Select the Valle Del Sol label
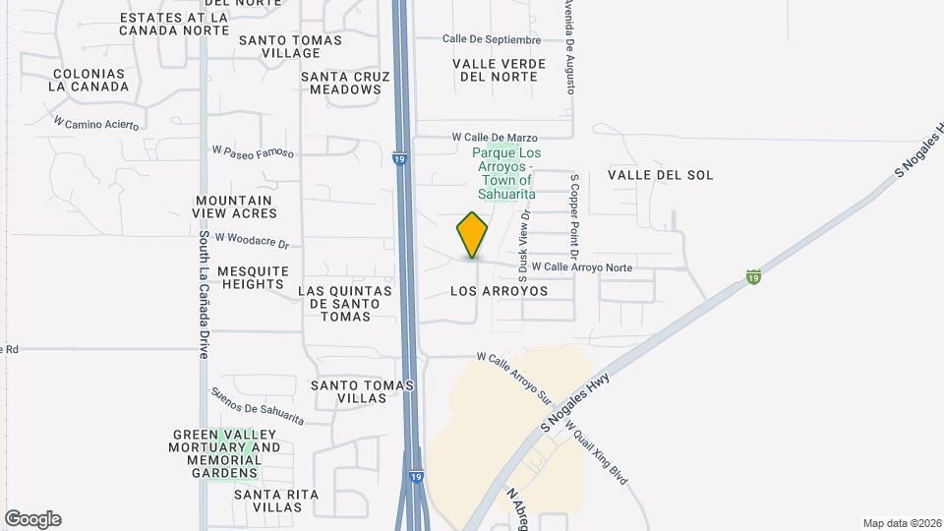(x=660, y=175)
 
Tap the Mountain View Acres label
(x=234, y=206)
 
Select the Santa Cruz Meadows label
(x=340, y=83)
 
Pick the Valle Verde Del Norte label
(x=499, y=70)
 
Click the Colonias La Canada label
(x=90, y=80)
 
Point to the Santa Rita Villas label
(x=268, y=501)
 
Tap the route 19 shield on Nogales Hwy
(x=753, y=276)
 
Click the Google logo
(x=32, y=519)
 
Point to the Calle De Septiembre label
(x=492, y=39)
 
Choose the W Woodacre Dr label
(x=251, y=240)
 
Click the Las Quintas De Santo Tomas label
(x=344, y=303)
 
